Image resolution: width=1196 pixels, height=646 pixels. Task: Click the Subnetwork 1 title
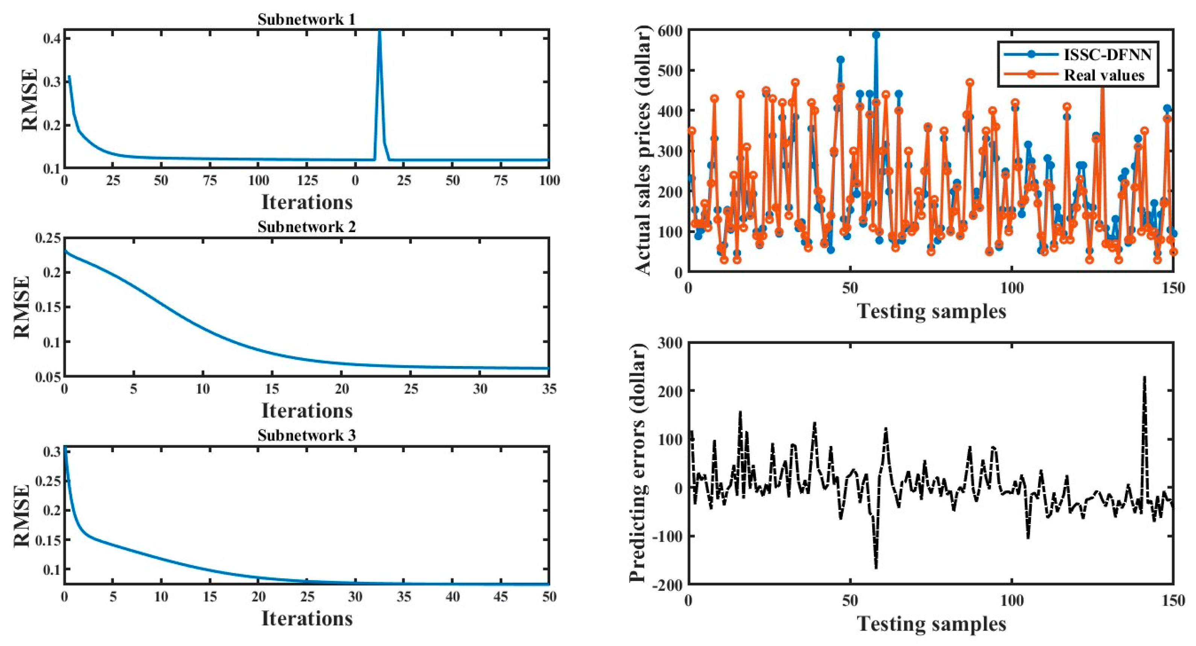[x=307, y=20]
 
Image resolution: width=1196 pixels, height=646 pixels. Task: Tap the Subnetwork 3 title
[x=307, y=435]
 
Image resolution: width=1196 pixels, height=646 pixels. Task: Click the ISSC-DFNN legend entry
[x=1107, y=54]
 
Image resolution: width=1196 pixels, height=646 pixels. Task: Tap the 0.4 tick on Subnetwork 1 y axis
[x=52, y=38]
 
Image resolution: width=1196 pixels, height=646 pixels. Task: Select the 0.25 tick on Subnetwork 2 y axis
[x=47, y=238]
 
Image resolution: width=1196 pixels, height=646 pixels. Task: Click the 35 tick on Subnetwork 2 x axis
[x=549, y=389]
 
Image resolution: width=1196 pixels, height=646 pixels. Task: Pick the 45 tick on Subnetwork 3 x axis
[x=501, y=597]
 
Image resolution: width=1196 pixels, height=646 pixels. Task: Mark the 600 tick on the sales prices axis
[x=669, y=30]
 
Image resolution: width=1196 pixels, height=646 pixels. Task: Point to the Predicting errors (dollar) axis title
[x=638, y=463]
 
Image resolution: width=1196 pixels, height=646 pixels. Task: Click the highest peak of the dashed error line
[x=1144, y=377]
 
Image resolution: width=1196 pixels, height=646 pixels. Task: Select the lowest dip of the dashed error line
[x=876, y=567]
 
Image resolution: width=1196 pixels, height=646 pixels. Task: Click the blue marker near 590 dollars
[x=876, y=35]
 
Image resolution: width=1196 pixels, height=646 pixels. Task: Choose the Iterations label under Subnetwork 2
[x=307, y=410]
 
